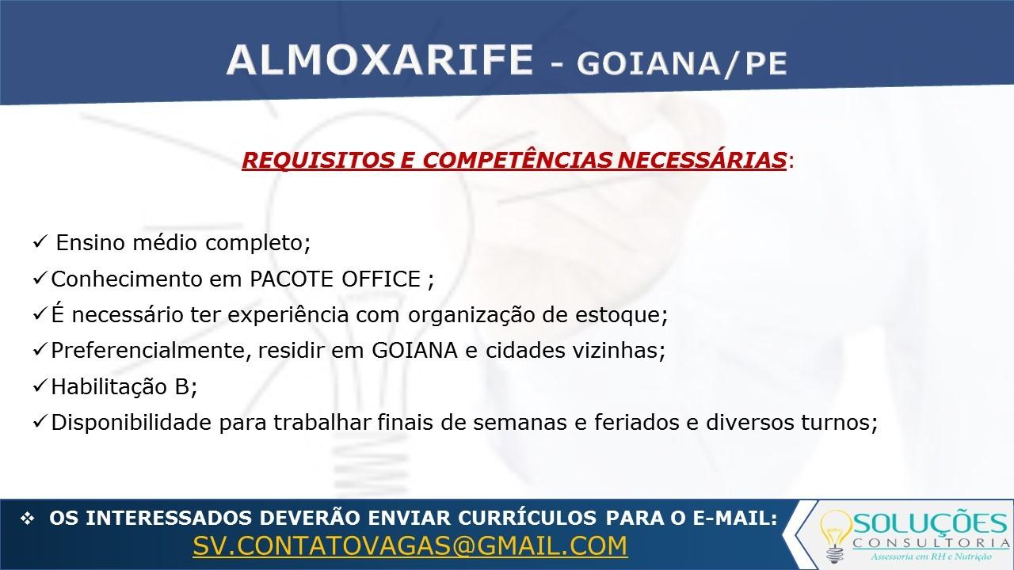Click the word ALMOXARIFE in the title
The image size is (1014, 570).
[x=380, y=60]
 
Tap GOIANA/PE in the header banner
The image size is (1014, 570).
[x=682, y=64]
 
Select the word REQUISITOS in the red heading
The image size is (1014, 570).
[x=318, y=160]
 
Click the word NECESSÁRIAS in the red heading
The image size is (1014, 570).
[x=702, y=160]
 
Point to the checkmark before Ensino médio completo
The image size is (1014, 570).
[x=40, y=242]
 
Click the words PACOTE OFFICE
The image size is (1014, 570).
[x=335, y=279]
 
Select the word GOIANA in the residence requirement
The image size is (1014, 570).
[x=414, y=351]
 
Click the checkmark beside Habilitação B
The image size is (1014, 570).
[x=40, y=386]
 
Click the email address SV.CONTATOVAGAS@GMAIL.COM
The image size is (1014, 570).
[x=410, y=545]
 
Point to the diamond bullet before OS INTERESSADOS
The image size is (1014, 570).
[x=28, y=519]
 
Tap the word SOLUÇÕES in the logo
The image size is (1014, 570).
[x=930, y=523]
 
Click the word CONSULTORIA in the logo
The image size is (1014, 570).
[x=931, y=543]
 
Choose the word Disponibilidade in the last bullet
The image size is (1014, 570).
[x=132, y=423]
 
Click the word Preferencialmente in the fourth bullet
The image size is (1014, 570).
[x=147, y=351]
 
